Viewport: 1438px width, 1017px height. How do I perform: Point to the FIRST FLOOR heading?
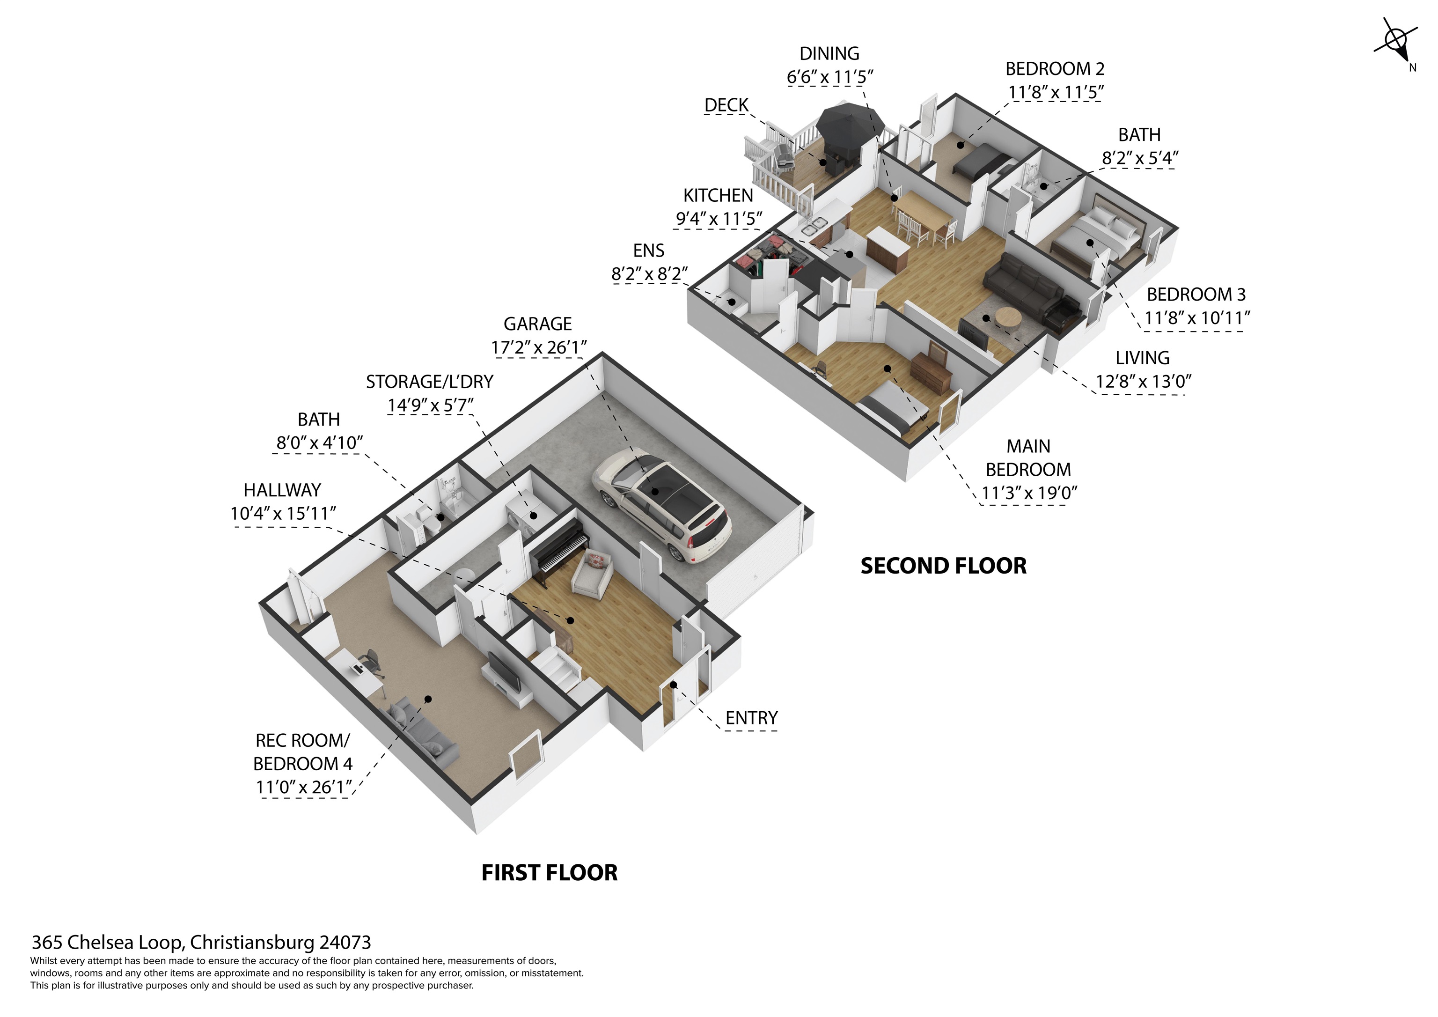(549, 872)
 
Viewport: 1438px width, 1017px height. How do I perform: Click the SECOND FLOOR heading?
(943, 566)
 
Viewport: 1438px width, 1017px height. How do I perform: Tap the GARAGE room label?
(537, 324)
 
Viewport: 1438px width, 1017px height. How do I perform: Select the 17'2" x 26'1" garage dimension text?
(539, 347)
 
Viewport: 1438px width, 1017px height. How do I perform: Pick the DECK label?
(726, 105)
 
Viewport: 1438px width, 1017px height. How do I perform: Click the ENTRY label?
(752, 718)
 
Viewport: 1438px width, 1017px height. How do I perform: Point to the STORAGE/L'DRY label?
(430, 382)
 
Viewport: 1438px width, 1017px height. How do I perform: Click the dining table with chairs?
(925, 217)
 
